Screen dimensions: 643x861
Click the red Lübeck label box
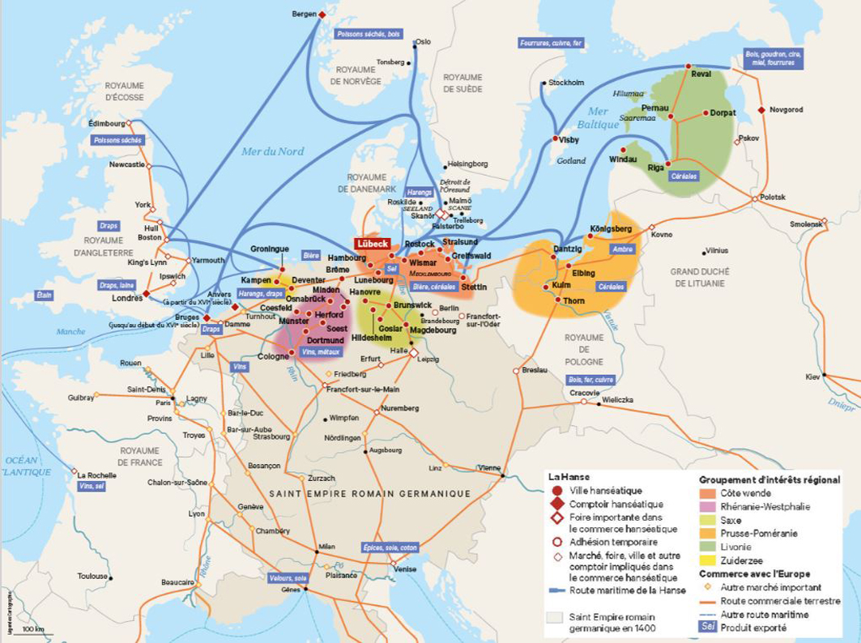372,244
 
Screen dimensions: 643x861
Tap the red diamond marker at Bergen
322,15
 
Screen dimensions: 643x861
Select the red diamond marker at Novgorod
761,110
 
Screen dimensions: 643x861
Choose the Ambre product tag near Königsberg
623,249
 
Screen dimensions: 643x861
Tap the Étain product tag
44,296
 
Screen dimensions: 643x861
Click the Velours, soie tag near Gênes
288,578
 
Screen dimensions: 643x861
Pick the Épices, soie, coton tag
391,547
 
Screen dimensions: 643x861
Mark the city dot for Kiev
823,375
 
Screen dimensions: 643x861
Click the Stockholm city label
566,83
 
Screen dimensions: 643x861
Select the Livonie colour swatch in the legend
708,547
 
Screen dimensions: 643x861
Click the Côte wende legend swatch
708,493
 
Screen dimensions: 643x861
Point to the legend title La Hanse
569,477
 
